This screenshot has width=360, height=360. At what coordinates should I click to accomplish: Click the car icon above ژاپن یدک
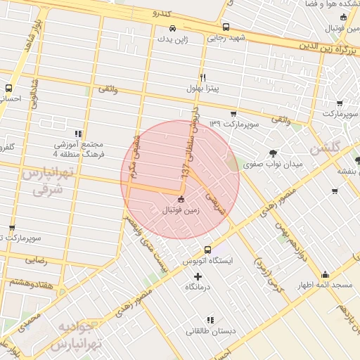coord(173,29)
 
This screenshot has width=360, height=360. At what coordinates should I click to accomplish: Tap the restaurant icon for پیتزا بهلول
coord(202,77)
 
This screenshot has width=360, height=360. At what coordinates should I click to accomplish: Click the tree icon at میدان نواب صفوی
coord(272,153)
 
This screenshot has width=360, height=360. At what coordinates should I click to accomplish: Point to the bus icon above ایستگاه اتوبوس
coord(207,250)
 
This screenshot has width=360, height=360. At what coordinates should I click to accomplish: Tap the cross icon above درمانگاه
coord(197,276)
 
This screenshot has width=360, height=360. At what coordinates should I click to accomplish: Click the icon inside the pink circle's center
coord(181,199)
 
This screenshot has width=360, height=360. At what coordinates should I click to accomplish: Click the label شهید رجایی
coord(226,38)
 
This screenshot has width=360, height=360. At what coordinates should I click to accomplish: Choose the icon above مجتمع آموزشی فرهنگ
coord(78,133)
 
